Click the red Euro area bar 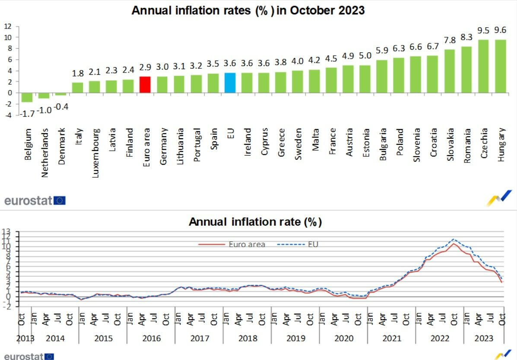pyautogui.click(x=145, y=85)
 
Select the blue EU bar pyautogui.click(x=230, y=83)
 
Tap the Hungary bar pyautogui.click(x=501, y=66)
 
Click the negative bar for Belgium pyautogui.click(x=27, y=97)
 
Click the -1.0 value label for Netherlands pyautogui.click(x=44, y=110)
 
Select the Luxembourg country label pyautogui.click(x=95, y=147)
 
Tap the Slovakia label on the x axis pyautogui.click(x=450, y=144)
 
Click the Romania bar pyautogui.click(x=467, y=70)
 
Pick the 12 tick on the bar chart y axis pyautogui.click(x=7, y=26)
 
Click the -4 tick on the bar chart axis pyautogui.click(x=7, y=115)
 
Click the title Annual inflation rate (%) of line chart pyautogui.click(x=255, y=222)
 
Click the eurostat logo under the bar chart pyautogui.click(x=35, y=200)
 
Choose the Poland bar pyautogui.click(x=399, y=75)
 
